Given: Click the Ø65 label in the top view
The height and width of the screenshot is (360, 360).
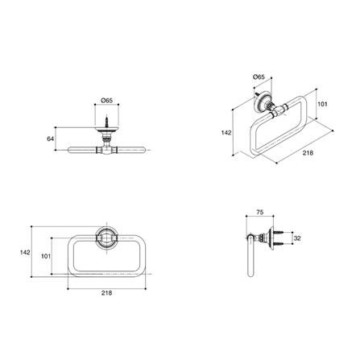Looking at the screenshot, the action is click(106, 101).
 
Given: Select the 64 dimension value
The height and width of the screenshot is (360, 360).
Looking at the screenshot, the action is click(51, 139).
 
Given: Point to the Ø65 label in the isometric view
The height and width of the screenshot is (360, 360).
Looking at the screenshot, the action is click(259, 77).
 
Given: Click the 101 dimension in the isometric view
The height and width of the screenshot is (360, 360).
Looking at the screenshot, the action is click(322, 104).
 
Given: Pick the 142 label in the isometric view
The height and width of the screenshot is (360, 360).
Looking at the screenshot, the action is click(226, 132).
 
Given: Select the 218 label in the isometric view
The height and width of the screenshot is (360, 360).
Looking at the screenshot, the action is click(308, 153).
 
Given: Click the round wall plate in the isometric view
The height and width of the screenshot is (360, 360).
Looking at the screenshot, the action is click(260, 101).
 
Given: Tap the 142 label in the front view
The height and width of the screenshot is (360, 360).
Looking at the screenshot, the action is click(25, 252).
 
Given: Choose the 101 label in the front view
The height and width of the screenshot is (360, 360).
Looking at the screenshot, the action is click(46, 256).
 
